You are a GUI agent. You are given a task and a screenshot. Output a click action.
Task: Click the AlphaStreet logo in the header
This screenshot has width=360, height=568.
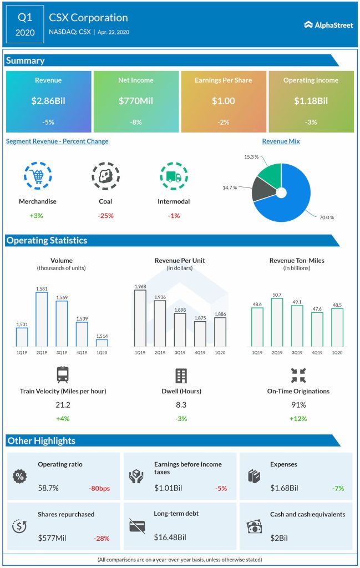[x=328, y=24]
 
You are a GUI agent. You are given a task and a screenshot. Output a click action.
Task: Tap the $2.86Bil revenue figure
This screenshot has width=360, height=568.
[x=48, y=101]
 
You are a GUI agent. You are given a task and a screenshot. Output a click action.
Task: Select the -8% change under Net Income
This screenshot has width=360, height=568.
[x=136, y=122]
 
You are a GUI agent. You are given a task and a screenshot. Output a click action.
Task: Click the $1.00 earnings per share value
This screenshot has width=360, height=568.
[x=224, y=101]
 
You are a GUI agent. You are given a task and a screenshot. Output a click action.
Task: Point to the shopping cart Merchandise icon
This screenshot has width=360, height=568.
[x=38, y=176]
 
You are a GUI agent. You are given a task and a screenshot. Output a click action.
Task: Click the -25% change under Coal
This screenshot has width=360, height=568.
[x=105, y=215]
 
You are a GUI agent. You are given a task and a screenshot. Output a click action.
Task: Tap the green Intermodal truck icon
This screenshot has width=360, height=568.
[x=173, y=176]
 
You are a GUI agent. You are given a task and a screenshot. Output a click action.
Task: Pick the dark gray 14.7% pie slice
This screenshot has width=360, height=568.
[x=262, y=190]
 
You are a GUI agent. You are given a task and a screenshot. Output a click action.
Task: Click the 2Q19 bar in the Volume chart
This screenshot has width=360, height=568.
[x=42, y=319]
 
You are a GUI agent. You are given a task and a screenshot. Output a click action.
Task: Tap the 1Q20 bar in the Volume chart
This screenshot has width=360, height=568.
[x=102, y=343]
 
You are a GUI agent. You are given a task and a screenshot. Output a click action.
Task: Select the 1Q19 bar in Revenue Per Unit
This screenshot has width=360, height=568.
[x=140, y=318]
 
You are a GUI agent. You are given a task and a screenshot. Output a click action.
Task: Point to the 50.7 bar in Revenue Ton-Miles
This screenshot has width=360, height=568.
[x=277, y=322]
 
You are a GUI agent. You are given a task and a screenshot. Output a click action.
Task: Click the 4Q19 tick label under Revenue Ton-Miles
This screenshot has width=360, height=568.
[x=317, y=353]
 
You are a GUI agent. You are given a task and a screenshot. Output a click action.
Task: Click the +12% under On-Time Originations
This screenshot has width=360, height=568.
[x=298, y=418]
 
